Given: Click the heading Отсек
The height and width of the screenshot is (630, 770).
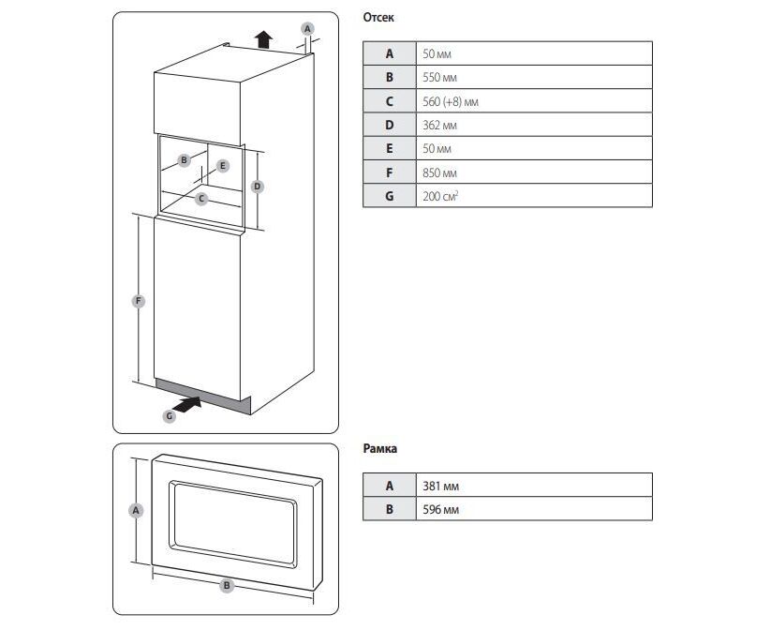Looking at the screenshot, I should pos(378,18).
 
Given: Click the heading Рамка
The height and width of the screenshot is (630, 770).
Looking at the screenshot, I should pos(379,449).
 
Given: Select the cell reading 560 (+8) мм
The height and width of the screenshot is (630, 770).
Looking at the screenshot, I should pos(451,101).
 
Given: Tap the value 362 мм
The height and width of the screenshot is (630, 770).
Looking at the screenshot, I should pos(439,125).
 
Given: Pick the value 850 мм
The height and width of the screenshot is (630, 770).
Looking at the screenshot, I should pos(439,172).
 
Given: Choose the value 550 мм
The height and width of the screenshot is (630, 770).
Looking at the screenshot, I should pos(439,78).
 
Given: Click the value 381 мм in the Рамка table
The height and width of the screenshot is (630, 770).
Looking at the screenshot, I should pos(440,486).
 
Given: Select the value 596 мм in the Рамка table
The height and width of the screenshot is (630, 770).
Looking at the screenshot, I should pos(440,509).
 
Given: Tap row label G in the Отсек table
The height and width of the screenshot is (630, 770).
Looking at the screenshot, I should pos(389,196).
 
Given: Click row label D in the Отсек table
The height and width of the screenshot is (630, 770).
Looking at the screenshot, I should pos(389,125).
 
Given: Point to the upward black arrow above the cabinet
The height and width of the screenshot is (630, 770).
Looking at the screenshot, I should pos(264,39).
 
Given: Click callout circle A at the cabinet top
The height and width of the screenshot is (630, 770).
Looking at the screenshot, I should pos(307,29).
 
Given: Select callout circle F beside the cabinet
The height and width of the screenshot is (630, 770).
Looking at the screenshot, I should pos(138,301).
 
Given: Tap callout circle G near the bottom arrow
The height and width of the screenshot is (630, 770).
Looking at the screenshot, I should pos(170,415).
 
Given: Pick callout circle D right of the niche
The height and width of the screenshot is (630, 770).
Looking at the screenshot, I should pos(258,187).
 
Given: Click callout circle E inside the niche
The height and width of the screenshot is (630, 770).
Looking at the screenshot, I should pos(222,166).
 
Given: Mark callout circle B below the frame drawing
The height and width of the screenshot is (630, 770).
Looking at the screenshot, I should pos(226,585).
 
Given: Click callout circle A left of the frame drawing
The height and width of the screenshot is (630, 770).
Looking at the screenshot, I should pos(136,511).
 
